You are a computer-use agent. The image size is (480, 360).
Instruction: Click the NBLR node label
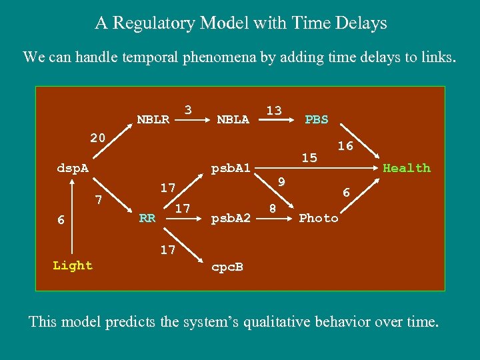click(153, 120)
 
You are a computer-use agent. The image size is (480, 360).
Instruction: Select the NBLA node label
click(233, 120)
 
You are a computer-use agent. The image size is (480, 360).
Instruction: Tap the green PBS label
click(316, 120)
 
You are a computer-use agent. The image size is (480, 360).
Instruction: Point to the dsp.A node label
click(72, 169)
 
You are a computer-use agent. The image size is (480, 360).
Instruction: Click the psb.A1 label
click(230, 169)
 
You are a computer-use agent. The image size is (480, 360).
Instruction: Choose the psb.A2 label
click(230, 218)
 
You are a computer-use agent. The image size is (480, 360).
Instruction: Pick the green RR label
click(147, 218)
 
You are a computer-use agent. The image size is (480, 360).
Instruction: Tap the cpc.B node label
click(227, 267)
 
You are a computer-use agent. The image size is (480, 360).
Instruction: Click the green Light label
click(72, 265)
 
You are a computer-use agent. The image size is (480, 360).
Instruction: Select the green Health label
click(406, 168)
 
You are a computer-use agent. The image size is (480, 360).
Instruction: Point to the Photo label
click(318, 218)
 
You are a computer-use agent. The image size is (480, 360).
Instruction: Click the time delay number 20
click(97, 138)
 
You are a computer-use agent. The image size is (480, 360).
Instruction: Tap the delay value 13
click(273, 110)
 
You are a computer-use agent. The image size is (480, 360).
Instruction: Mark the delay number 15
click(309, 158)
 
